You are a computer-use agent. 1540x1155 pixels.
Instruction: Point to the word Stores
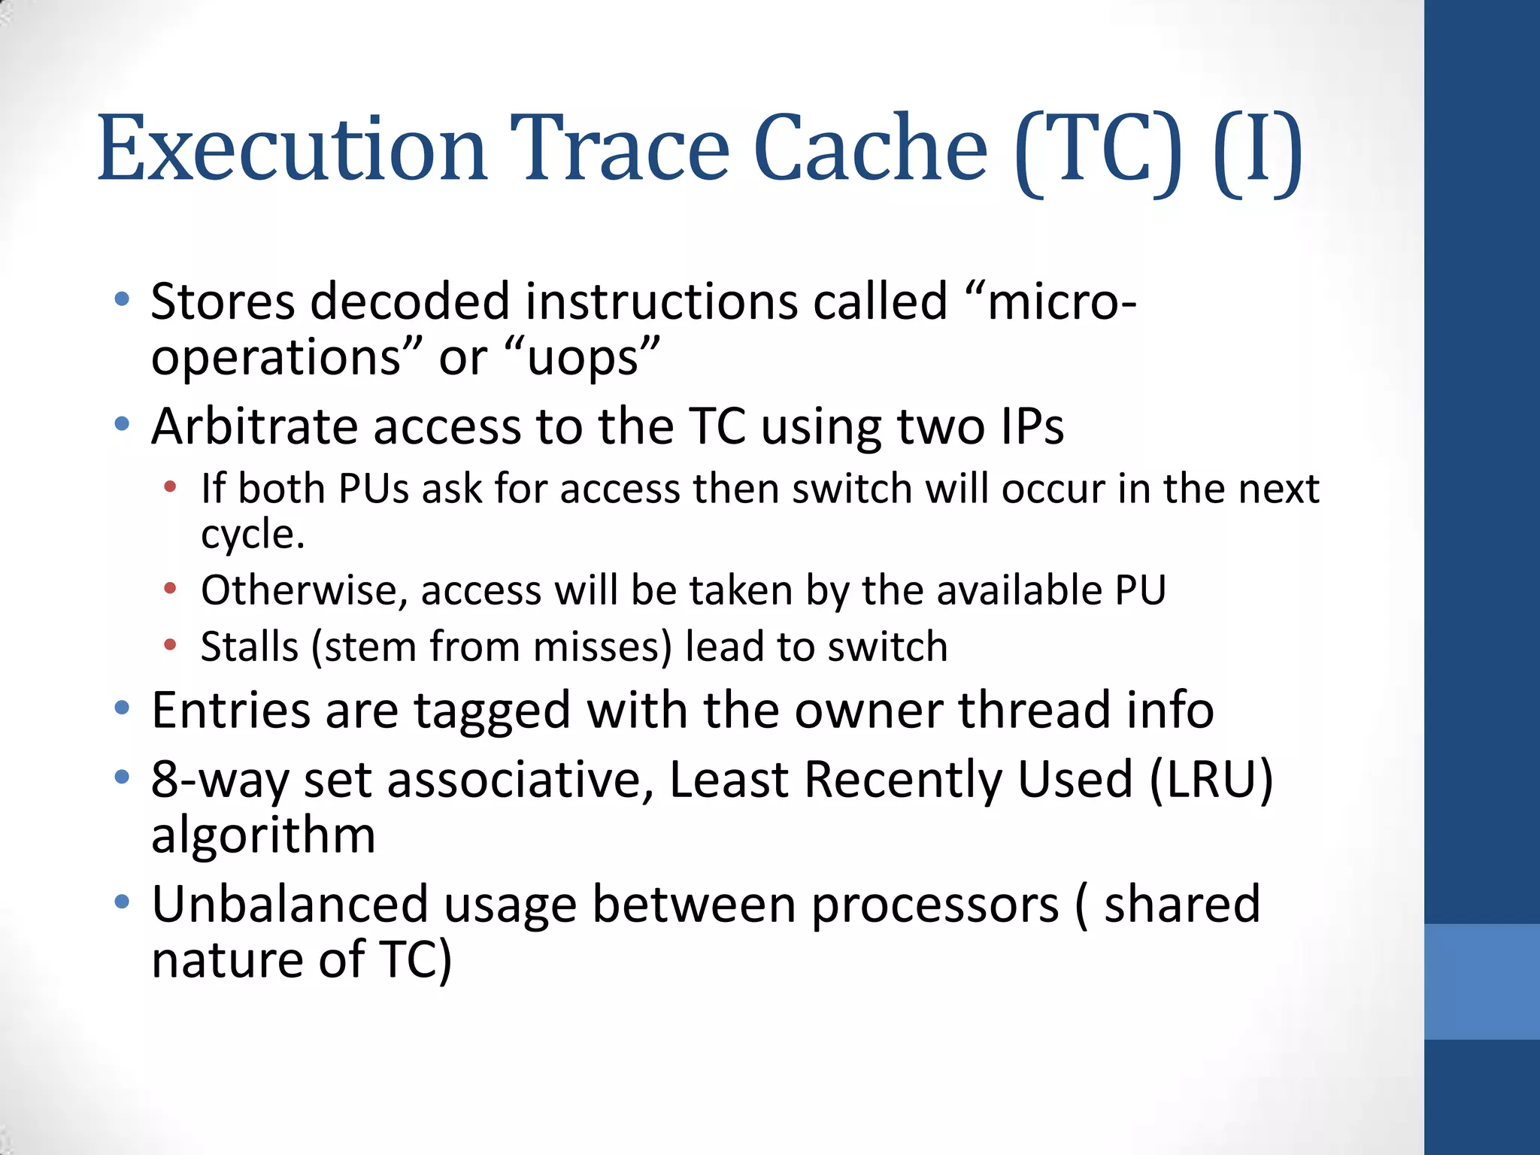(223, 302)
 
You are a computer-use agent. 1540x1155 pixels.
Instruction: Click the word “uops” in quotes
(583, 358)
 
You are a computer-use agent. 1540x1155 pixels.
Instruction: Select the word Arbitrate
(254, 426)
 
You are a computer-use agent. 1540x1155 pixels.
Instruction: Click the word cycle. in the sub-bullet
(253, 535)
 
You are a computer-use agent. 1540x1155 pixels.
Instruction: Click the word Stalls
(250, 647)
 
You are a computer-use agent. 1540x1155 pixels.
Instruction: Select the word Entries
(231, 710)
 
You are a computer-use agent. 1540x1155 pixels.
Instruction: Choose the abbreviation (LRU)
(1211, 780)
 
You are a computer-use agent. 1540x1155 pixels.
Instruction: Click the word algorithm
(263, 836)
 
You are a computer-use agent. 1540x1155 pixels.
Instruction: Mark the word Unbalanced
(290, 904)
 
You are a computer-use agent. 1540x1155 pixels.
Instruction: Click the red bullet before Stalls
(171, 644)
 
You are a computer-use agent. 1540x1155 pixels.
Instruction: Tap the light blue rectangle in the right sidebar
(1481, 981)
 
